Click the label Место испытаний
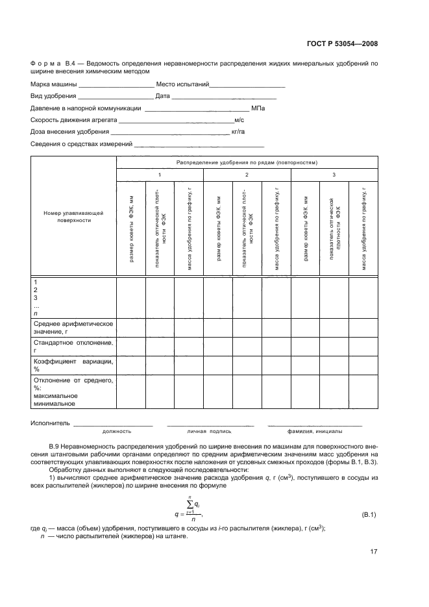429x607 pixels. (x=182, y=84)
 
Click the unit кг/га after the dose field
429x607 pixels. (x=238, y=132)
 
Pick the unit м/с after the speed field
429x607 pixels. (x=239, y=120)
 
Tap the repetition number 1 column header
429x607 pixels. (x=160, y=175)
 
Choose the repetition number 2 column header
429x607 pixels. (x=247, y=175)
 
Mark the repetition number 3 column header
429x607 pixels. (x=334, y=175)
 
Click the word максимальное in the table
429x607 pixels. (x=55, y=395)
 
